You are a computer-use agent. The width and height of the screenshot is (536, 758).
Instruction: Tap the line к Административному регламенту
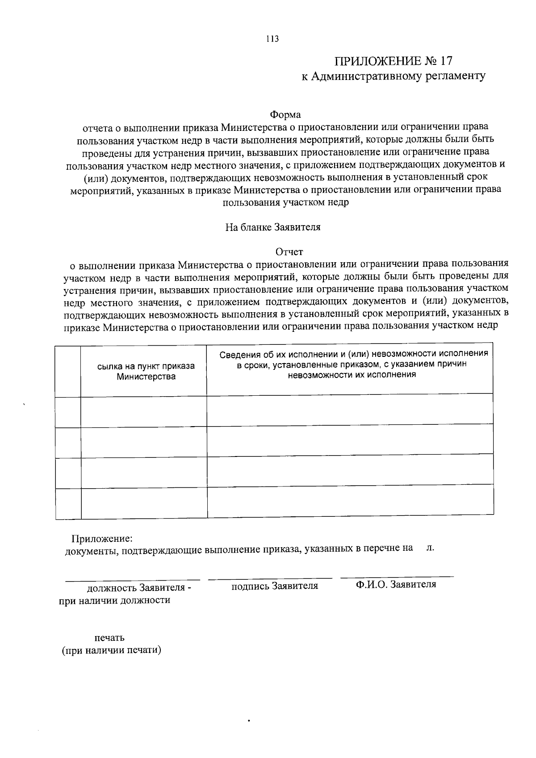coord(393,76)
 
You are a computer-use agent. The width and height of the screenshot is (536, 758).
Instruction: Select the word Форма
coord(285,115)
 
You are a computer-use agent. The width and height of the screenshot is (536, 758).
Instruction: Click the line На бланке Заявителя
coord(272,227)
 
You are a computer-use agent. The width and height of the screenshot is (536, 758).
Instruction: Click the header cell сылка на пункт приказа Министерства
coord(146,371)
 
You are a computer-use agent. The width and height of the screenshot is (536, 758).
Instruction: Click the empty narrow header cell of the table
coord(68,371)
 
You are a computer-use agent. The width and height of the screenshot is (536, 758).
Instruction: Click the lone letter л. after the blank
coord(430,547)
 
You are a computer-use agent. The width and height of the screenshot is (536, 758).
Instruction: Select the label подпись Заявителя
coord(274,586)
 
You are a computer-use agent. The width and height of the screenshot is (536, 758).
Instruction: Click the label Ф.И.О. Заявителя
coord(396,584)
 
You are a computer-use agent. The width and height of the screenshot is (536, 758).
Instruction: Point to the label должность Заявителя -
coord(139,587)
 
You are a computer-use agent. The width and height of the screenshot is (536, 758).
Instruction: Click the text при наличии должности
coord(115,600)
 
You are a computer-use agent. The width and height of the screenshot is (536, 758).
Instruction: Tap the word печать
coord(109,637)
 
